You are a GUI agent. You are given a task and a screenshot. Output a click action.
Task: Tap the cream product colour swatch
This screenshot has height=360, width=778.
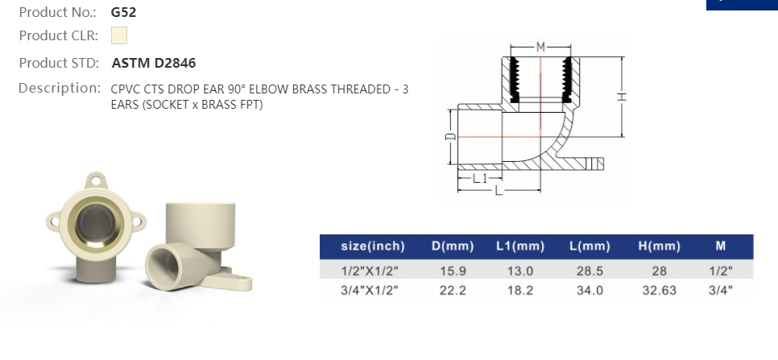119,35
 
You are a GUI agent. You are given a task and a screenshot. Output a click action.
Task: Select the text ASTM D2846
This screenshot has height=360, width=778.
153,63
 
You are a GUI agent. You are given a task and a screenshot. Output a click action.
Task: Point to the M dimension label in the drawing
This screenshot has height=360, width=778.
540,46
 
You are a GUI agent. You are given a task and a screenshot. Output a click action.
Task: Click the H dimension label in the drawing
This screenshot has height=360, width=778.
622,97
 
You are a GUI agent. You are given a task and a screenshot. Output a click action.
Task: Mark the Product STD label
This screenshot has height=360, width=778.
59,63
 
